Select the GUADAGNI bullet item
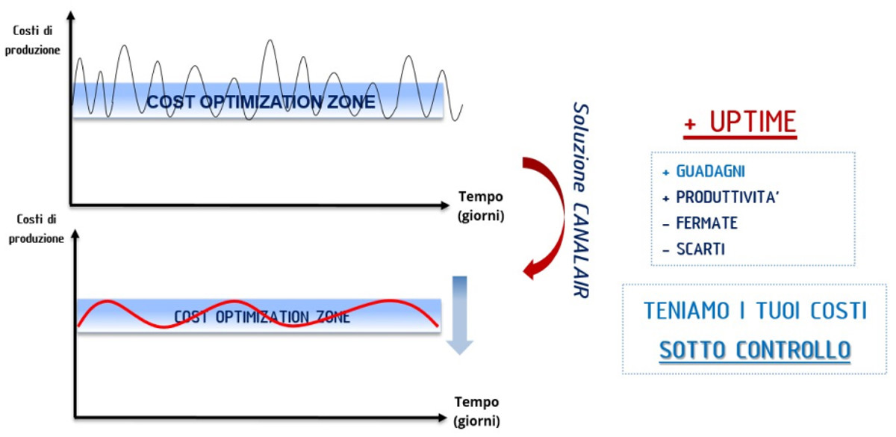710,172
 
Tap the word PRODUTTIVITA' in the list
728,198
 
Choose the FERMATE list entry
706,223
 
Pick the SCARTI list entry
700,250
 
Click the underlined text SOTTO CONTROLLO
754,350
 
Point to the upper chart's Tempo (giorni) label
481,207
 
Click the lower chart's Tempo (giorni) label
475,412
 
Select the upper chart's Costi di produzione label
35,41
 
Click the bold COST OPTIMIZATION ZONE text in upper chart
261,102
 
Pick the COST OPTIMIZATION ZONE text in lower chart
261,317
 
